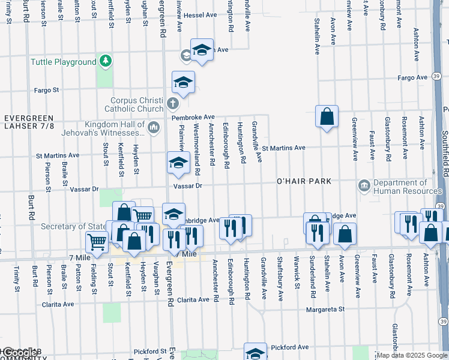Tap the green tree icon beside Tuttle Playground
(x=106, y=61)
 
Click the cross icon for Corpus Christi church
(x=172, y=103)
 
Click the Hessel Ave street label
(x=200, y=15)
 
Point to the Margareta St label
(x=325, y=310)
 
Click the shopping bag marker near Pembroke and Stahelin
(x=327, y=116)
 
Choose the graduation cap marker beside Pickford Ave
(x=255, y=353)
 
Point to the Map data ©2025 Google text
(x=412, y=355)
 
